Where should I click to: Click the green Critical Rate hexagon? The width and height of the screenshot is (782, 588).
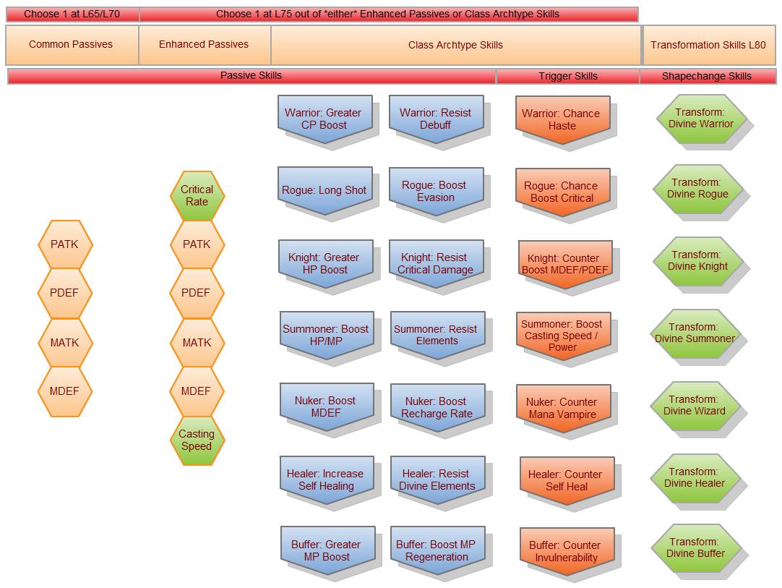[x=197, y=195]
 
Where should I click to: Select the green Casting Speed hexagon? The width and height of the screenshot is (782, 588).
[x=197, y=440]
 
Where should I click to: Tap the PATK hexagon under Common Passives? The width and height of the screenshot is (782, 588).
[x=65, y=244]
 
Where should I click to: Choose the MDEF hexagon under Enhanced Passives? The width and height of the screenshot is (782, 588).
[x=197, y=391]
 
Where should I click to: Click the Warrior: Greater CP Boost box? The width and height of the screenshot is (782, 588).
[x=324, y=119]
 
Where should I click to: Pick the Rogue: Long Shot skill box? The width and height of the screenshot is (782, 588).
[x=324, y=190]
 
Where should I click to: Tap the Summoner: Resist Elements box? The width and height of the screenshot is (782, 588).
[x=437, y=335]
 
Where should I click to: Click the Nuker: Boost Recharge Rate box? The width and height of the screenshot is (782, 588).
[x=437, y=407]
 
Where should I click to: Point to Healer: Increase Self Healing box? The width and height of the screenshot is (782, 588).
[x=326, y=480]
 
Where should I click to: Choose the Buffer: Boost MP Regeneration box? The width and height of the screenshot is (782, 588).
[x=437, y=550]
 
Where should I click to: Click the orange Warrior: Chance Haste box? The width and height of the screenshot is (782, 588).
[x=562, y=119]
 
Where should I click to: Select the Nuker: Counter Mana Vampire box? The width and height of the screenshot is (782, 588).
[x=562, y=408]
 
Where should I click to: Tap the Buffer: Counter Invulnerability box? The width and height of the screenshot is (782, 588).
[x=566, y=551]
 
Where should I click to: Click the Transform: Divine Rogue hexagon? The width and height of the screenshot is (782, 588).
[x=697, y=188]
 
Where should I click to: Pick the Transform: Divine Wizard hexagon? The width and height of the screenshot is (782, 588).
[x=695, y=405]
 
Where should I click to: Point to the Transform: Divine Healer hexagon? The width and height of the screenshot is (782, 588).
[x=695, y=477]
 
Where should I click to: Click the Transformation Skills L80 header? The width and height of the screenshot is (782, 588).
[x=708, y=45]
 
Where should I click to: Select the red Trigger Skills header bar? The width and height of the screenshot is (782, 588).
[x=567, y=76]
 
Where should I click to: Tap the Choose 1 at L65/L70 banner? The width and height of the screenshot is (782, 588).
[x=72, y=14]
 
